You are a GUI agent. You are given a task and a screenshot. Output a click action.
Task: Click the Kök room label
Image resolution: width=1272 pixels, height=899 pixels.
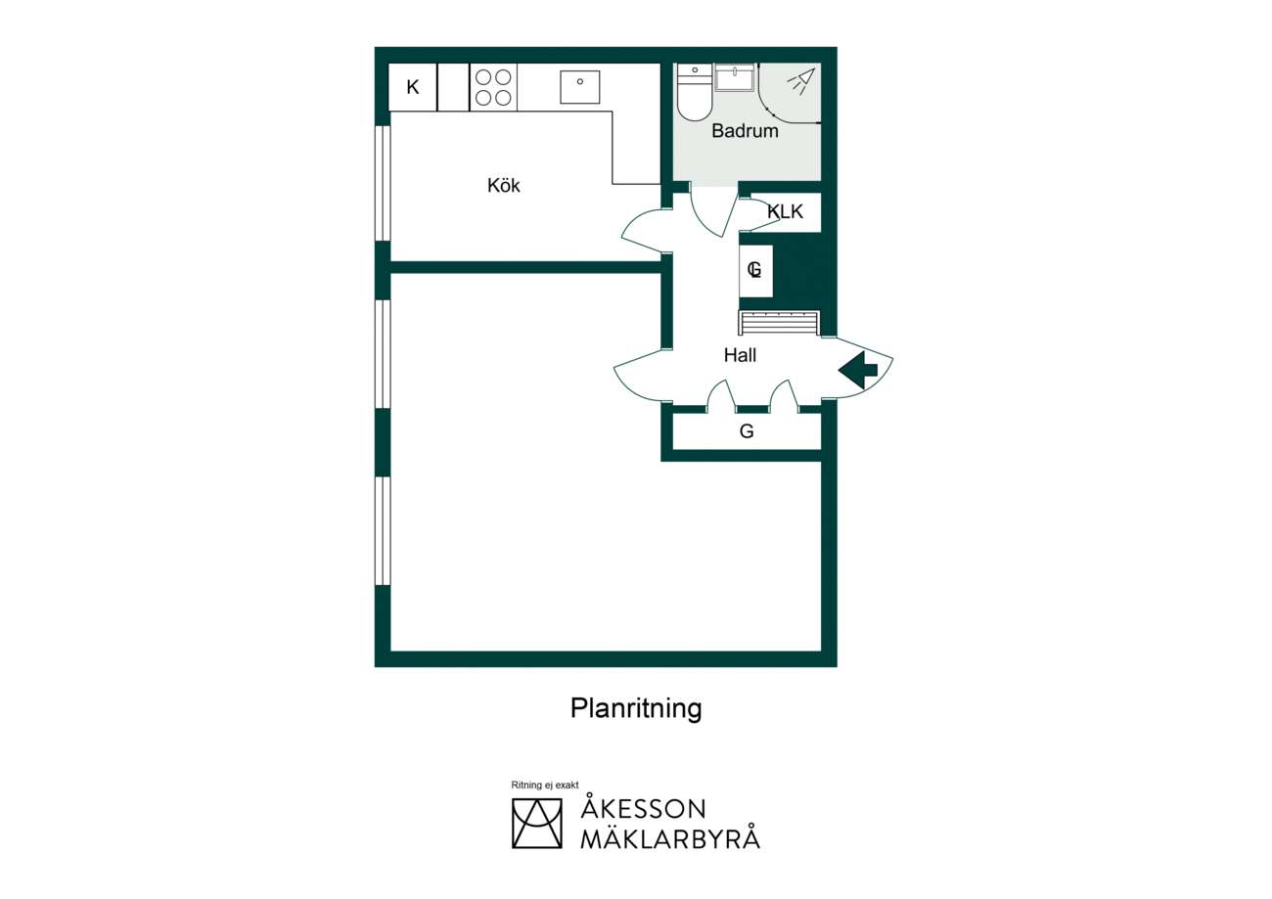pyautogui.click(x=503, y=185)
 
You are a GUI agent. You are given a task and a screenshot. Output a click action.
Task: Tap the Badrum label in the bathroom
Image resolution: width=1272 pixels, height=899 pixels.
pyautogui.click(x=745, y=130)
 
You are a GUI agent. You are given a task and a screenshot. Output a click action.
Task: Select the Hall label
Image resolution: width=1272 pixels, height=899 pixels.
pyautogui.click(x=740, y=355)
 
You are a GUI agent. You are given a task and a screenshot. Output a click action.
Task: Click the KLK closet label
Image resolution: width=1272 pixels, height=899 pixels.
pyautogui.click(x=786, y=211)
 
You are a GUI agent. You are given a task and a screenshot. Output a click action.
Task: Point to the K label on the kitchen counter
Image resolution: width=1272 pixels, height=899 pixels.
pyautogui.click(x=413, y=87)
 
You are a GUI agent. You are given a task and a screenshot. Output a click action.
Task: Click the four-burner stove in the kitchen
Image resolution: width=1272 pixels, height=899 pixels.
pyautogui.click(x=493, y=87)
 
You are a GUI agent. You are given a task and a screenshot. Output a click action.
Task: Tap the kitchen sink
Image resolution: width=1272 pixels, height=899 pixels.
pyautogui.click(x=580, y=87)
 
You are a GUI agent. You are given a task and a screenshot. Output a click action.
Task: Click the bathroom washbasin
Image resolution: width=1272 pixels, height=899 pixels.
pyautogui.click(x=734, y=77)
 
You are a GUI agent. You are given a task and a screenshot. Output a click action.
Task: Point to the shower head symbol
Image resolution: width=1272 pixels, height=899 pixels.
pyautogui.click(x=801, y=82)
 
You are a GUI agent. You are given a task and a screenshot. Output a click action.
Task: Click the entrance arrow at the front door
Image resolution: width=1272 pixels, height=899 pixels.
pyautogui.click(x=858, y=370)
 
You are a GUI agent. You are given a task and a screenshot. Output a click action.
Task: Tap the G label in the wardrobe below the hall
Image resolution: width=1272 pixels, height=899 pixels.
pyautogui.click(x=747, y=431)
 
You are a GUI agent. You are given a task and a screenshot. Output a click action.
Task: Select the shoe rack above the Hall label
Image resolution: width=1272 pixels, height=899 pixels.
pyautogui.click(x=779, y=323)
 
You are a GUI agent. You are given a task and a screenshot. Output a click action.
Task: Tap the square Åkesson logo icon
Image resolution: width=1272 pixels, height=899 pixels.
pyautogui.click(x=536, y=824)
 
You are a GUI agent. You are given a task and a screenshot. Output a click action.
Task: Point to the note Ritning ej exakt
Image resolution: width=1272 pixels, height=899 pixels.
pyautogui.click(x=545, y=785)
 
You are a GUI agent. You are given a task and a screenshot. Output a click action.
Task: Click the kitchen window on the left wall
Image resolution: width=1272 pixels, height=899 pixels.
pyautogui.click(x=384, y=183)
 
